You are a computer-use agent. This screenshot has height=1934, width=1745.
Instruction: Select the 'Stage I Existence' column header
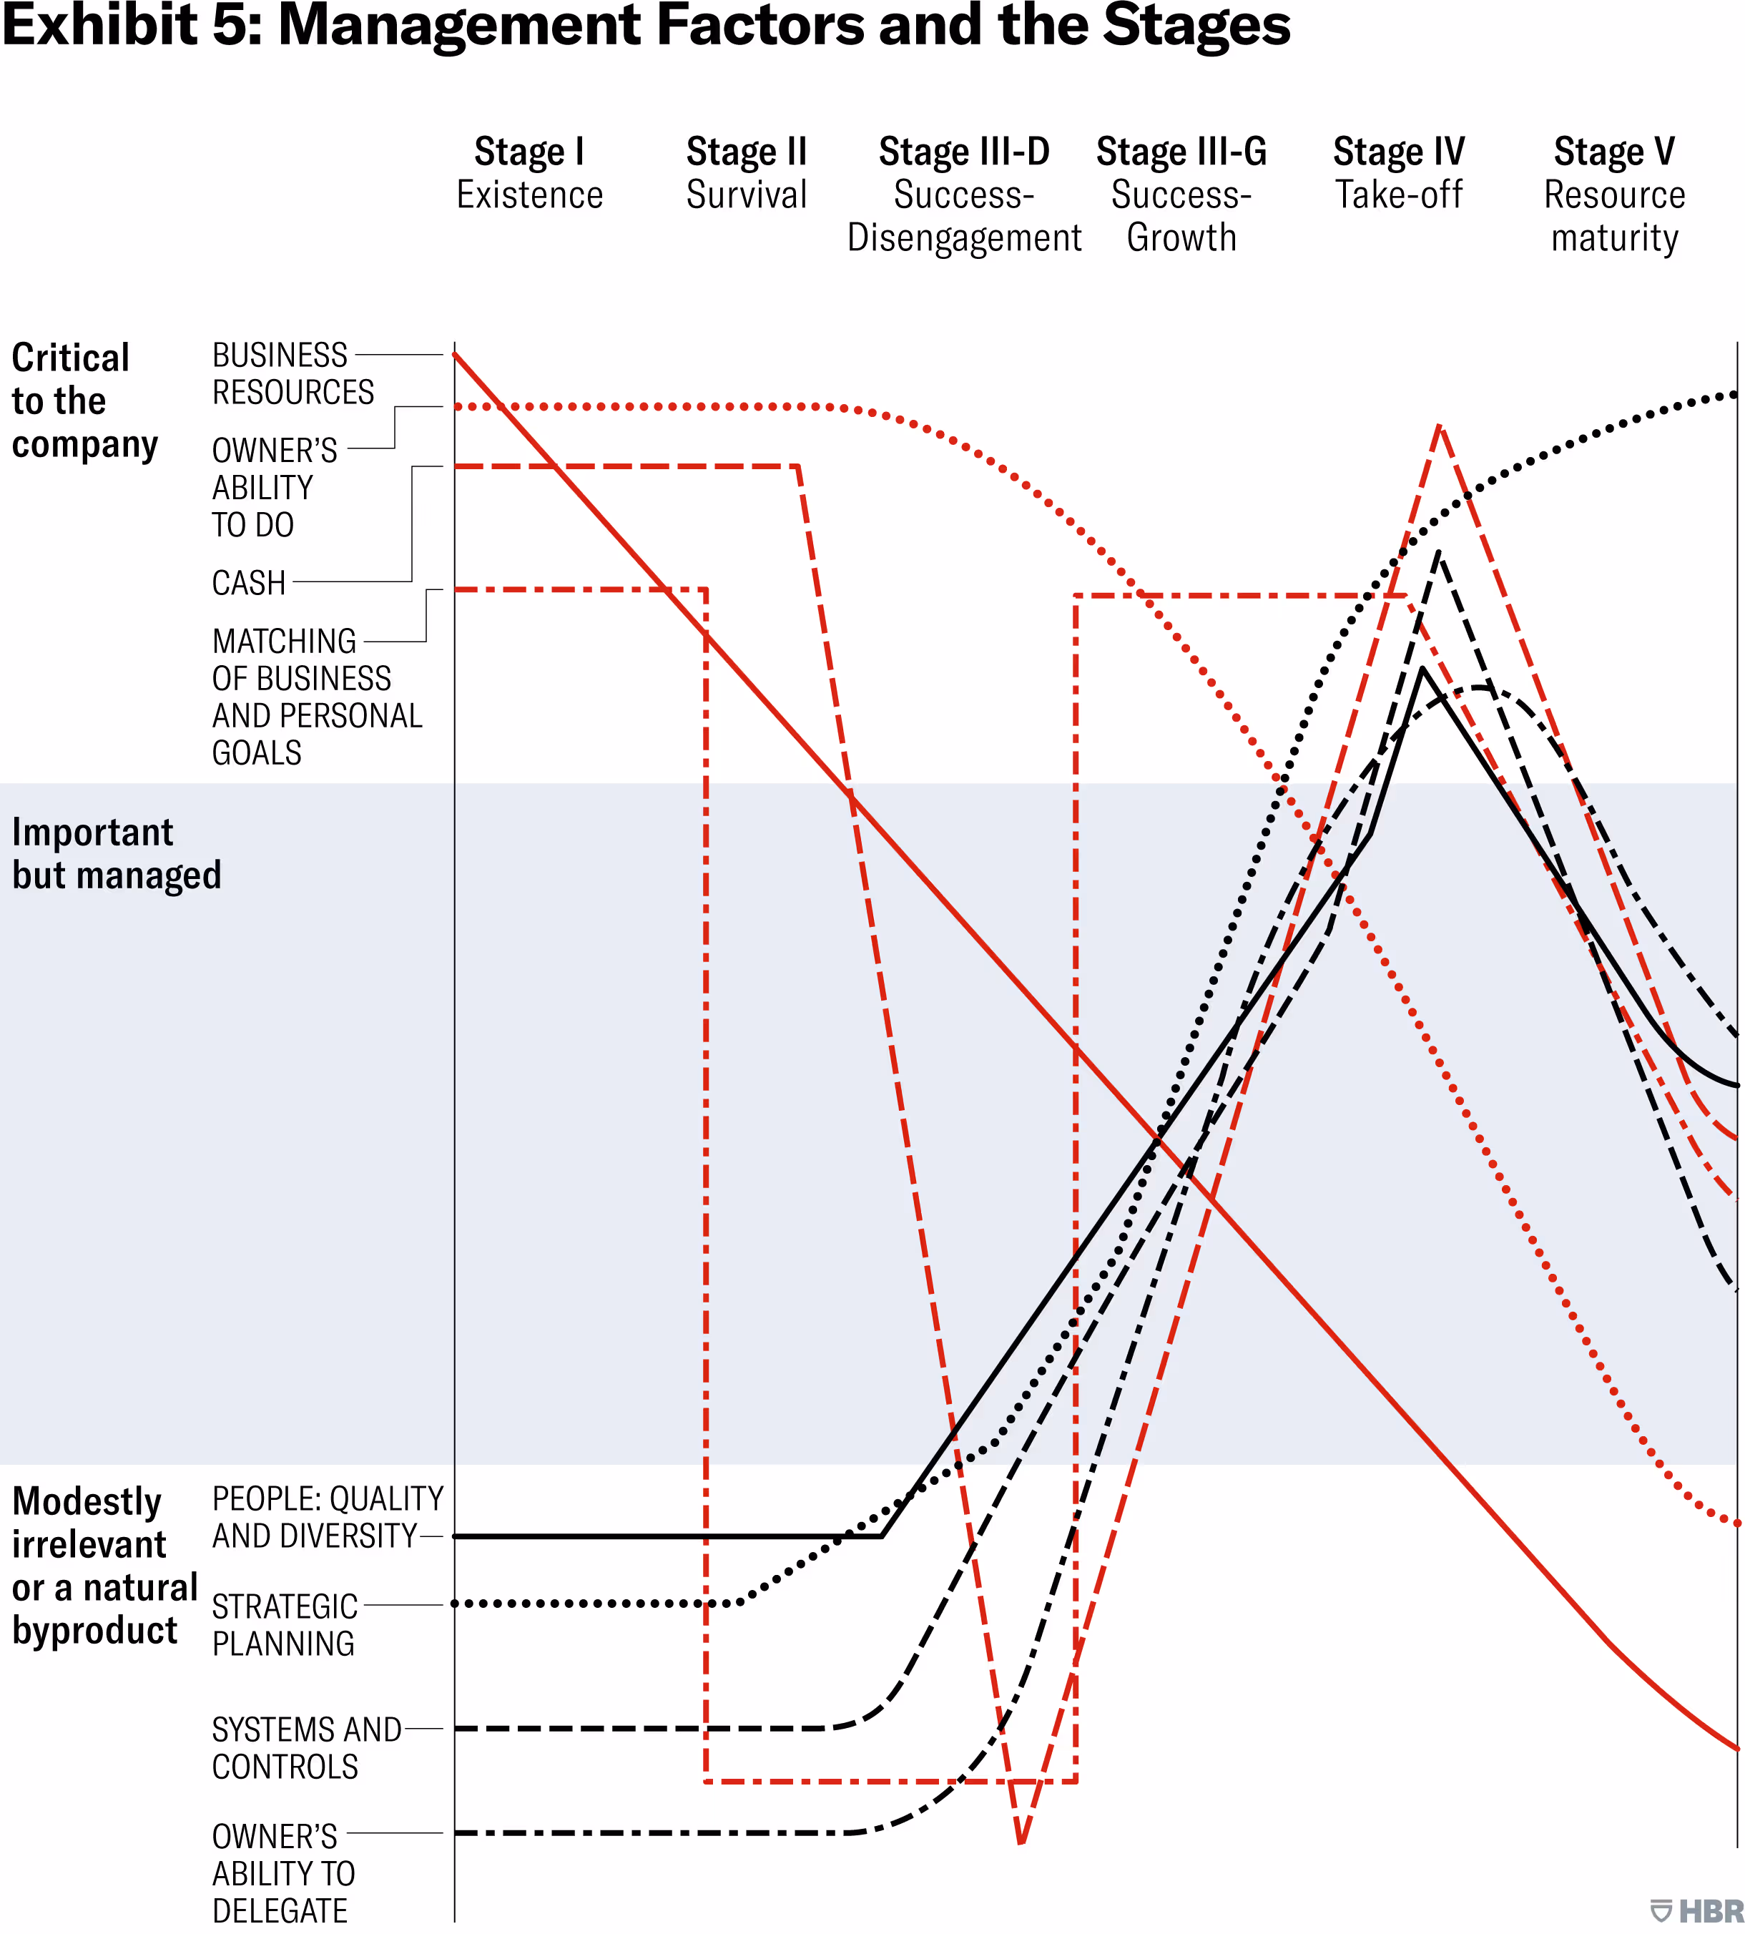529,174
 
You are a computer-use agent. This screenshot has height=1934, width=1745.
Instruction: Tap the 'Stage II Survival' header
747,174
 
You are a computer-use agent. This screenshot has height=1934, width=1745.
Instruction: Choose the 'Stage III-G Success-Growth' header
1181,195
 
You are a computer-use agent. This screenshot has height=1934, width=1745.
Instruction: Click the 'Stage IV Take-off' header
1399,174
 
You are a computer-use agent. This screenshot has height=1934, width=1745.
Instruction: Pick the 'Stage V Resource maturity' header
1615,195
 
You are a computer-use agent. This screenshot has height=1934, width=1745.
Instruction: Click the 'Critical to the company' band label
84,401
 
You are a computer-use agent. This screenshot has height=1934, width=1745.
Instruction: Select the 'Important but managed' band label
116,853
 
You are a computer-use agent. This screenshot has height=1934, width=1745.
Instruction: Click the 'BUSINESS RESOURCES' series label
293,374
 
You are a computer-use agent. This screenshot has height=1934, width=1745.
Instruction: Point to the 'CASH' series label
248,583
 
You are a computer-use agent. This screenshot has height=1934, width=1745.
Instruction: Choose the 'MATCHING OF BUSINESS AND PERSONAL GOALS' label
316,697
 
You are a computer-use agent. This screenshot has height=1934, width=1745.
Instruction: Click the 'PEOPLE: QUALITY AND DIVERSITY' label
327,1517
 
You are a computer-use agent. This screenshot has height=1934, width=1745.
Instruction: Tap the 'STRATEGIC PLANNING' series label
284,1624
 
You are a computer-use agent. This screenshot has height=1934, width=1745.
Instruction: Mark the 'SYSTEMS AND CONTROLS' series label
306,1748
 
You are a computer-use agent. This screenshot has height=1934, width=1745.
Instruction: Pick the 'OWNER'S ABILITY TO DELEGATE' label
282,1872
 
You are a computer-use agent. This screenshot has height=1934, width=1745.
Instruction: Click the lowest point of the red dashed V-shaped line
1021,1842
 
